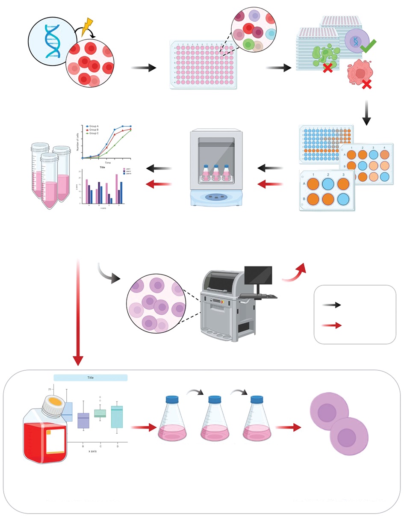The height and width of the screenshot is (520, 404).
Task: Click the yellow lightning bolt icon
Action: click(87, 27)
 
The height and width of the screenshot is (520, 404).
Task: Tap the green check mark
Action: click(367, 44)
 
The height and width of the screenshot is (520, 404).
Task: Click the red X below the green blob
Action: click(328, 67)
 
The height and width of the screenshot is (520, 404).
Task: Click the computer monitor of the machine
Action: click(258, 276)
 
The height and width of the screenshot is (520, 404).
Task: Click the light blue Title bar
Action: click(91, 378)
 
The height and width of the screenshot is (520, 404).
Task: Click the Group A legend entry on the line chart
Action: click(92, 127)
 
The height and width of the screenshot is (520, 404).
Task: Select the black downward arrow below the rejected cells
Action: click(366, 113)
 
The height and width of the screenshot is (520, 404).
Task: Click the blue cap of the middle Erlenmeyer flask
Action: click(214, 399)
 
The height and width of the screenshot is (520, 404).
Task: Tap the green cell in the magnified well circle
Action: click(248, 44)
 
